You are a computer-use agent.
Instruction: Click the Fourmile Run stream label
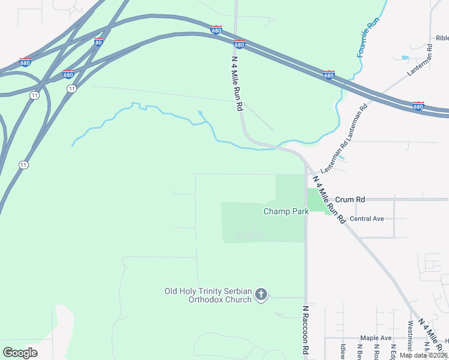[369, 36]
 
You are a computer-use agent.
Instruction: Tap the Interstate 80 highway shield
[99, 41]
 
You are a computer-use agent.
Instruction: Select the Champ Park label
[286, 211]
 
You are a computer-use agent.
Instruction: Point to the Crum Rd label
[350, 199]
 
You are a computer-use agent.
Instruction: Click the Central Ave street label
[366, 218]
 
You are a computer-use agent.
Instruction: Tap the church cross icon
[261, 294]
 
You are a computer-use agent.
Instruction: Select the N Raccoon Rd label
[306, 331]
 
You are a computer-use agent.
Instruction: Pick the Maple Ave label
[375, 338]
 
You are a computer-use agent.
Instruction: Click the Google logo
[20, 352]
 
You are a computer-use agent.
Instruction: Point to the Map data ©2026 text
[423, 355]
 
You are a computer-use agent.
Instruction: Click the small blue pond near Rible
[405, 58]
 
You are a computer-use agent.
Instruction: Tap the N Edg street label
[393, 351]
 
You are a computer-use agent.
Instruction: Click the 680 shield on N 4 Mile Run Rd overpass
[239, 44]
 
